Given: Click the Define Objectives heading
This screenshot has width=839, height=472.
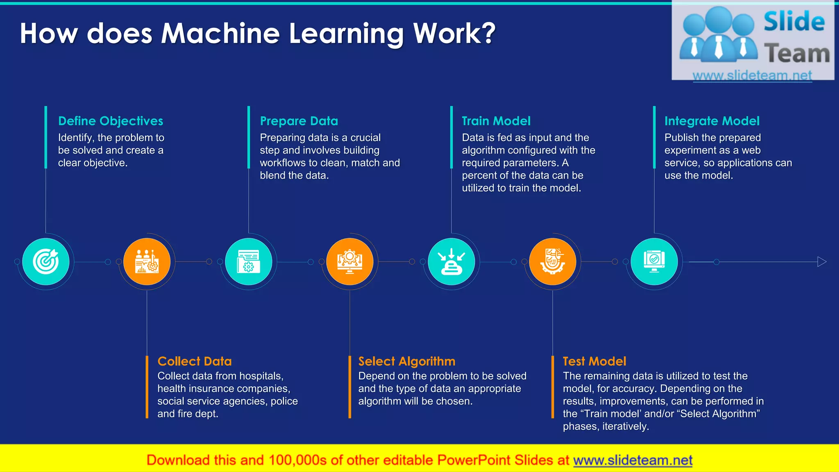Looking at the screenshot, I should tap(111, 121).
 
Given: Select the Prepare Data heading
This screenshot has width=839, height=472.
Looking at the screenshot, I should tap(299, 121).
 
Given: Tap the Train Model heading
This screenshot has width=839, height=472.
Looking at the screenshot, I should tap(496, 121).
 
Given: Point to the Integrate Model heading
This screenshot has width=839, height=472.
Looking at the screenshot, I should tap(712, 121).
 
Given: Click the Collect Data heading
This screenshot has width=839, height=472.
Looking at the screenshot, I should tap(195, 361).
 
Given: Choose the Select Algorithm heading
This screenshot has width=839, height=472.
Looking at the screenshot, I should tap(407, 361).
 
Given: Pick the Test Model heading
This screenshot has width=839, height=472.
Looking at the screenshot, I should tap(594, 361).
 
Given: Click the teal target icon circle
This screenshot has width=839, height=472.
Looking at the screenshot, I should tap(46, 262).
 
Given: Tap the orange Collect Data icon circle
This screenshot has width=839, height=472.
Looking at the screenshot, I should tap(147, 262).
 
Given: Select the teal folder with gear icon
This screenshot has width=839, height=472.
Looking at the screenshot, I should tap(249, 262).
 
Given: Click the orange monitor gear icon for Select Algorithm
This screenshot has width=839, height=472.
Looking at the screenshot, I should tap(350, 262).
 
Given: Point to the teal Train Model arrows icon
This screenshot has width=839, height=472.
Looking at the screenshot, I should tap(451, 262).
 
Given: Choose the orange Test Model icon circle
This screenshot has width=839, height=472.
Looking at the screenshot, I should tap(553, 262).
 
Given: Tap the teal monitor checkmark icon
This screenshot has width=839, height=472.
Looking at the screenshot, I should tap(654, 262).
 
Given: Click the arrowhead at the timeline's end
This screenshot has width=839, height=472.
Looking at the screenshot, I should tap(822, 262).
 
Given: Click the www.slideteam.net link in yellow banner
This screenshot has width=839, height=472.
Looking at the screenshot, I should tap(633, 460).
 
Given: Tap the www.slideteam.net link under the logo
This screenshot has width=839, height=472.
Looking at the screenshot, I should tap(752, 75).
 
